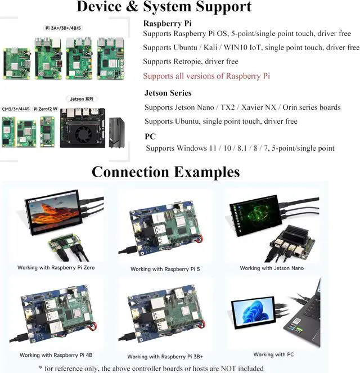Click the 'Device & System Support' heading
coord(164,8)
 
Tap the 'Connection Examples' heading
coord(165,171)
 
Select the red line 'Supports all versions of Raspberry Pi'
coord(206,76)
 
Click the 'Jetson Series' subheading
coord(168,93)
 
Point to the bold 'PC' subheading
coord(150,136)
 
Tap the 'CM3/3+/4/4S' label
coord(16,109)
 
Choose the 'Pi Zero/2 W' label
coord(44,109)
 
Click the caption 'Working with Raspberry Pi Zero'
coord(56,268)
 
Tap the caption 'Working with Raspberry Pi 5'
coord(165,269)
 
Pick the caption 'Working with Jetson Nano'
coord(272,268)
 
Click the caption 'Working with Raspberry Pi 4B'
coord(53,355)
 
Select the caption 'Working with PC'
coord(273,354)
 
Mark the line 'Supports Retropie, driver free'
coord(191,62)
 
